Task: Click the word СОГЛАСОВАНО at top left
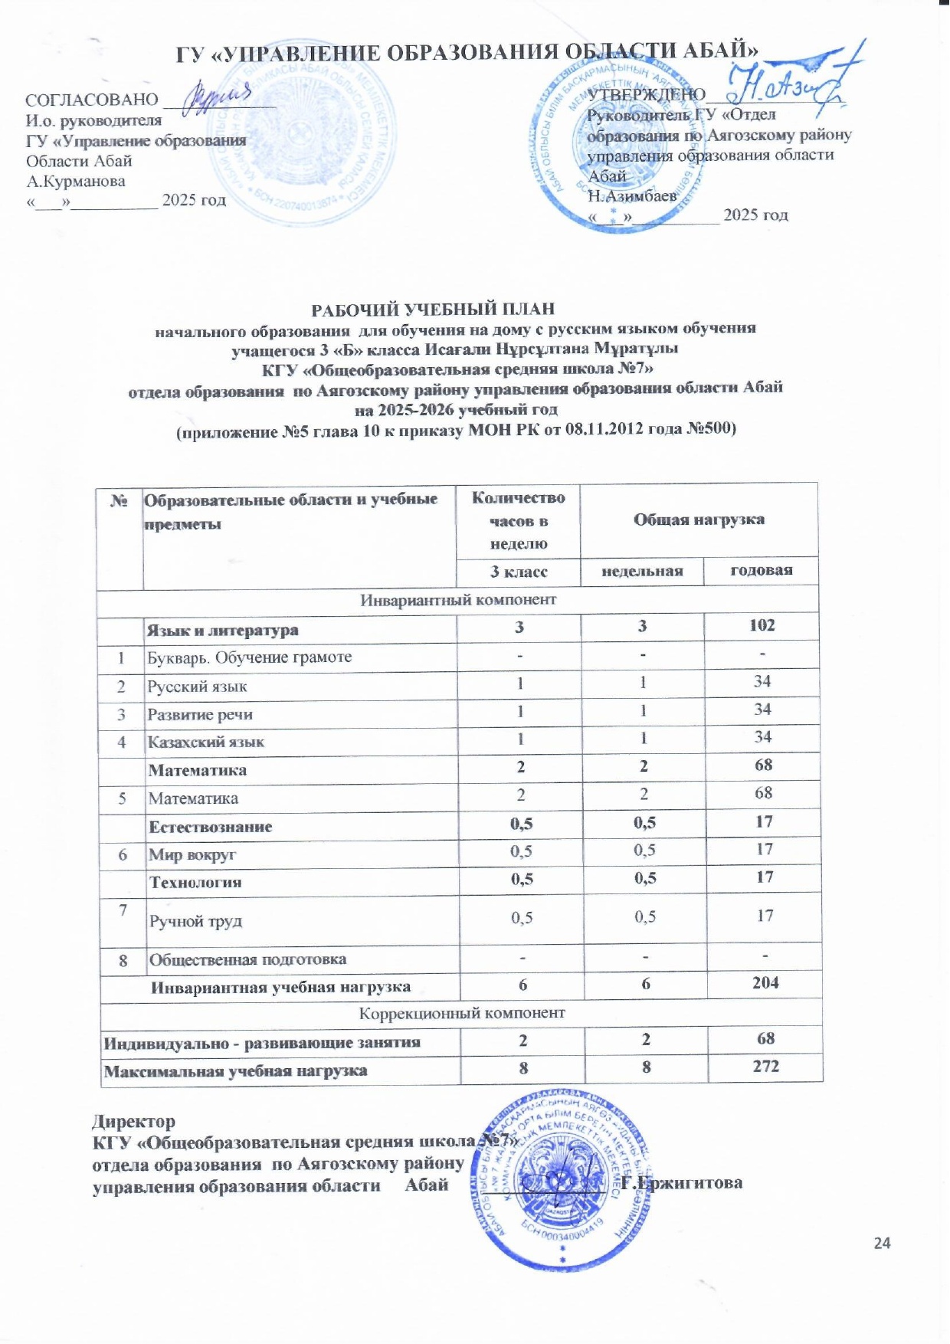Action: coord(92,100)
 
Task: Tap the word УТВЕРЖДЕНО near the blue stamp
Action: coord(646,94)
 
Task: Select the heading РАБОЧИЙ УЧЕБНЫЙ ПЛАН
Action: coord(432,310)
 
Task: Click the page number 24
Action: coord(882,1243)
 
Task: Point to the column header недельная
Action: coord(642,571)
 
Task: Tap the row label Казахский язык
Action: coord(206,742)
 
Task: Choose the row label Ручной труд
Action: coord(195,921)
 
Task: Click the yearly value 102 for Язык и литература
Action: coord(762,625)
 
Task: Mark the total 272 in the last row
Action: coord(765,1066)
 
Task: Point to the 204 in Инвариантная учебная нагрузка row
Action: coord(765,982)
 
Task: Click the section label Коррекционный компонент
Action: coord(462,1013)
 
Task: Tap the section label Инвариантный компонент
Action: coord(458,599)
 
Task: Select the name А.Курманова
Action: coord(76,182)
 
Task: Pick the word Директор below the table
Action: coord(133,1122)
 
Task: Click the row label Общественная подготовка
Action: coord(247,959)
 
